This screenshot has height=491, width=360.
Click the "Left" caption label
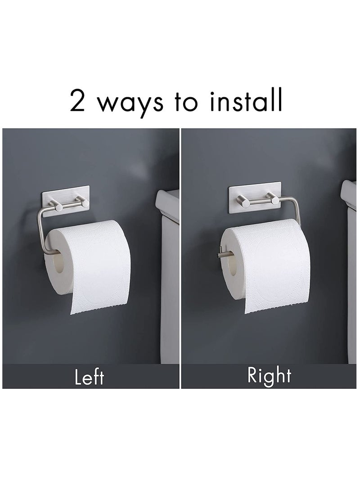89,376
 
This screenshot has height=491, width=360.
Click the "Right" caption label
269,375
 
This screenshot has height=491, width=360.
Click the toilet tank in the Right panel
350,270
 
